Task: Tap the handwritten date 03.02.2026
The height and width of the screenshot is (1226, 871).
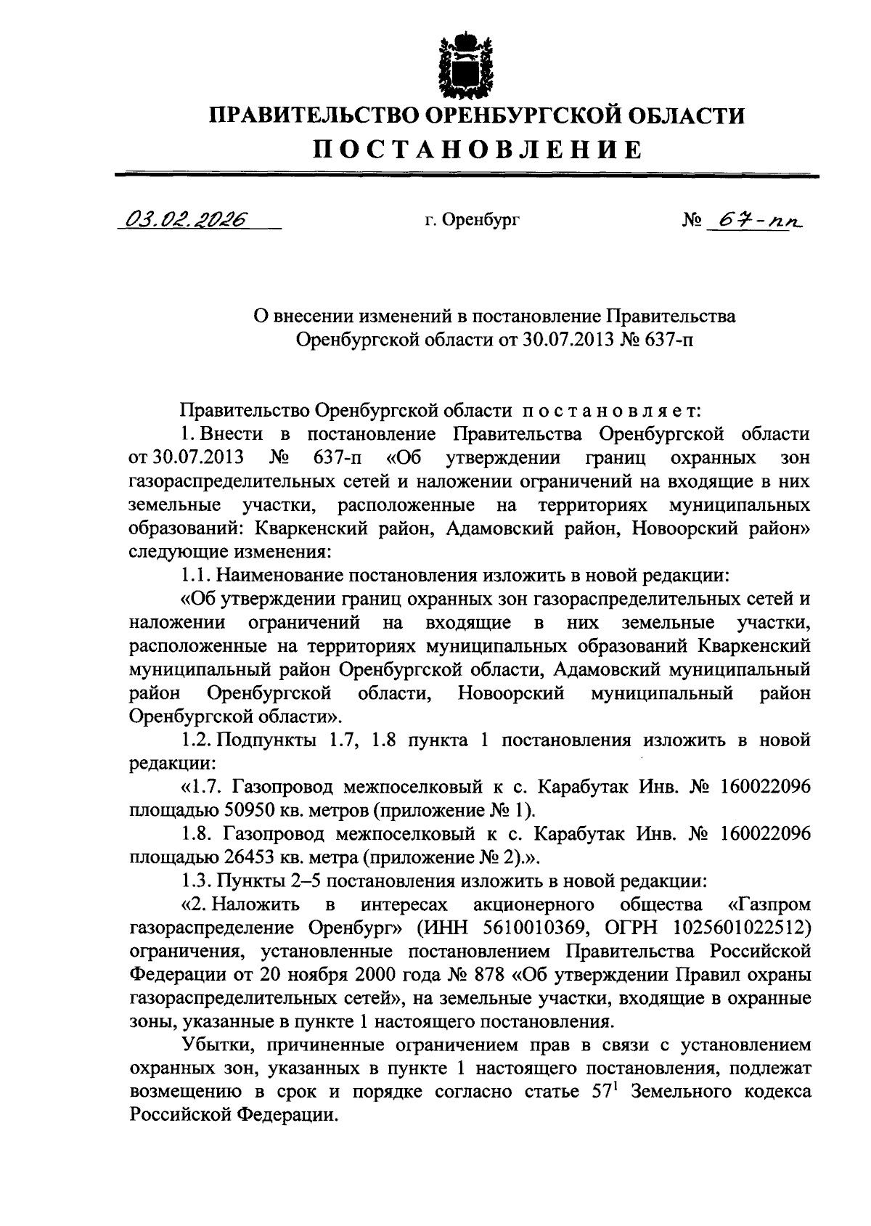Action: pos(184,218)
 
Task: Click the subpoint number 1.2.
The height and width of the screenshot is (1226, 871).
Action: pos(195,740)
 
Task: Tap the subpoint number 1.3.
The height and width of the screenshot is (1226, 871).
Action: pos(195,881)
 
